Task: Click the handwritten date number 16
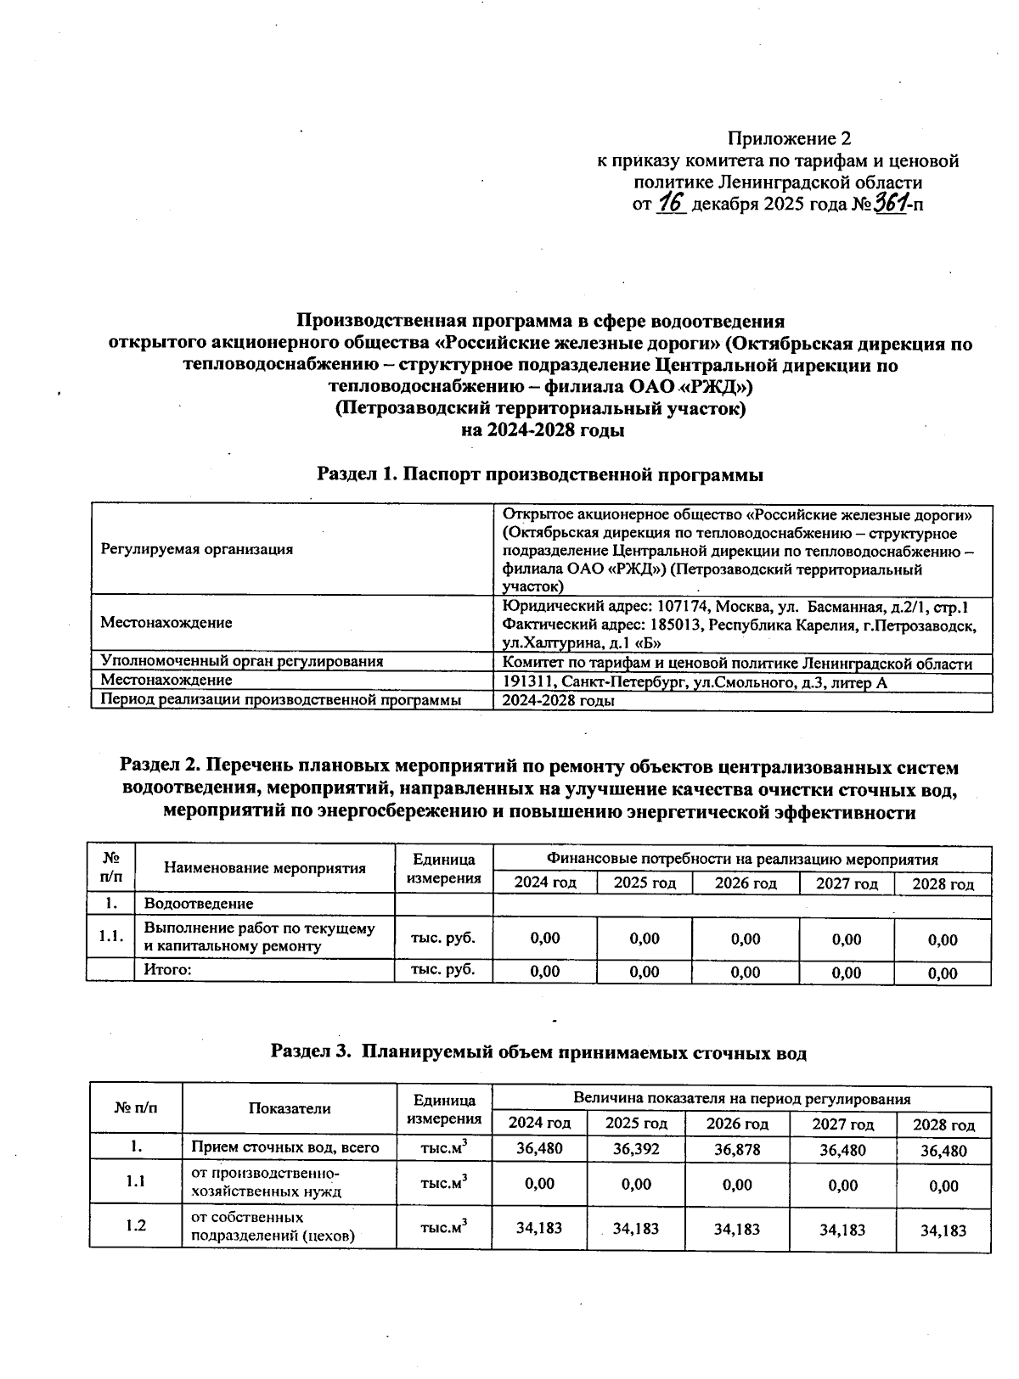tap(671, 204)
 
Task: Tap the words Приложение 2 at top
tap(789, 138)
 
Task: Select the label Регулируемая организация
tap(197, 549)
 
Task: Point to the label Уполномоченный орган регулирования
tap(242, 661)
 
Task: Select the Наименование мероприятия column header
tap(264, 868)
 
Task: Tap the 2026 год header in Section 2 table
tap(746, 883)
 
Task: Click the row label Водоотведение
tap(199, 904)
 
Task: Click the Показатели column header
tap(290, 1108)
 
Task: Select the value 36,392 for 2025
tap(636, 1150)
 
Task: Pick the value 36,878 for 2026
tap(737, 1150)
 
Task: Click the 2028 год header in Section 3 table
tap(943, 1125)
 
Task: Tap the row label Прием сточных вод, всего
tap(284, 1148)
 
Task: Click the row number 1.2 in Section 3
tap(136, 1226)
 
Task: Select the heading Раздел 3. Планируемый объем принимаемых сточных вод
tap(538, 1052)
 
